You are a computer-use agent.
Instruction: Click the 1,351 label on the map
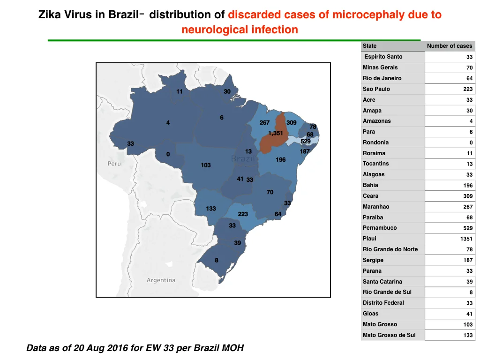coord(276,133)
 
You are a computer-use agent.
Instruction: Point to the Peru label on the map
coord(114,164)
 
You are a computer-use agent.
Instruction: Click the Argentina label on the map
coord(161,280)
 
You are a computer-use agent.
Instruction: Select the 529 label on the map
coord(306,141)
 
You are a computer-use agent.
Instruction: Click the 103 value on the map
coord(206,165)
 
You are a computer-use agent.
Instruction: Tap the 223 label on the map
coord(243,214)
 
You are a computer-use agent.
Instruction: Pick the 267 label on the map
coord(264,122)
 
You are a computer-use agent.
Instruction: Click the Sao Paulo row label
coord(376,89)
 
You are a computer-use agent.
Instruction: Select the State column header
coord(369,46)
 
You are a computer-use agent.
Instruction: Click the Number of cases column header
coord(450,46)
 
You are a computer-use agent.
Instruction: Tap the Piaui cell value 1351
coord(466,239)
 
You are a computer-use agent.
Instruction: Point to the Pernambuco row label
coord(380,228)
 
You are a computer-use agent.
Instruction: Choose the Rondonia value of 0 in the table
coord(471,142)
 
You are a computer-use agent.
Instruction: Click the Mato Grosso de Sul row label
coord(389,335)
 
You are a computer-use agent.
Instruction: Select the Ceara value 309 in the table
coord(468,196)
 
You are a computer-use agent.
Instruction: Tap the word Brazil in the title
coord(123,15)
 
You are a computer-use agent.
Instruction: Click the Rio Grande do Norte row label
coord(390,249)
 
